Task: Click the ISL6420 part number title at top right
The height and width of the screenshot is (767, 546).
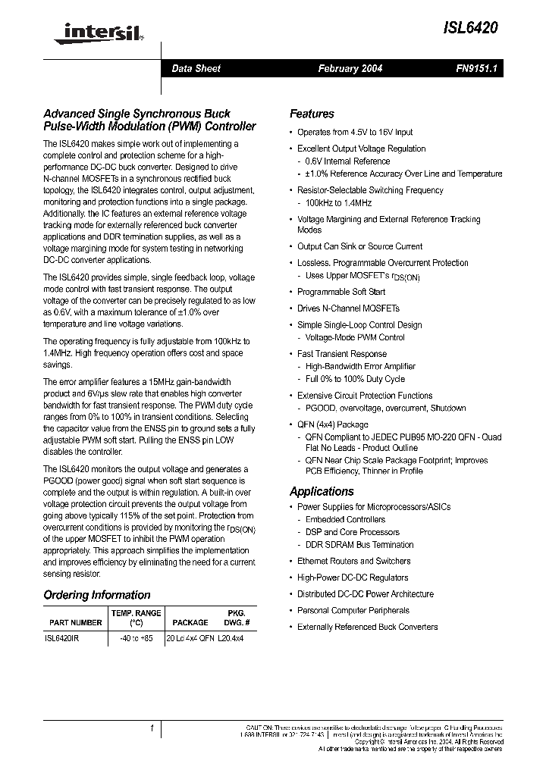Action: [x=470, y=29]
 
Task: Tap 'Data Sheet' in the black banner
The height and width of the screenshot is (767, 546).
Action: [x=196, y=68]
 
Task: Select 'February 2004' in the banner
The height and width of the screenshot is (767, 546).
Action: [x=350, y=68]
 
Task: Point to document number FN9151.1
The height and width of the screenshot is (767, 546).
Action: [x=475, y=68]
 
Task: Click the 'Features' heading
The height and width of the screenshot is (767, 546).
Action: [x=312, y=114]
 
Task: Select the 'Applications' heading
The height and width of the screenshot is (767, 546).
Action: [x=322, y=491]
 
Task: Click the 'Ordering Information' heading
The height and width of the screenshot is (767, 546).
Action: [x=97, y=595]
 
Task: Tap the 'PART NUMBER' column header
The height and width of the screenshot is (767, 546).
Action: [x=75, y=622]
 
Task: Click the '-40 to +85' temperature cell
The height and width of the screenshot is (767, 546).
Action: [x=136, y=639]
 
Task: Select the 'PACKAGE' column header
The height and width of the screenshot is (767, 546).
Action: [x=190, y=622]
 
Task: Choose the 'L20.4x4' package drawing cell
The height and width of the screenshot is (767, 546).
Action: [x=231, y=639]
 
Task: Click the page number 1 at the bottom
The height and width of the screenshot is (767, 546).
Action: [x=152, y=729]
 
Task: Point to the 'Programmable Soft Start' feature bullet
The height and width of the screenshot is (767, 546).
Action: [x=341, y=292]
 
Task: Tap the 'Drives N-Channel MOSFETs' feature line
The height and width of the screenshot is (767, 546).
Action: [x=348, y=308]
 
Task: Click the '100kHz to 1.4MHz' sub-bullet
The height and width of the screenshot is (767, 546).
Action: [x=338, y=203]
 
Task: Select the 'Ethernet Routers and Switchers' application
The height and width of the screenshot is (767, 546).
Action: [x=353, y=561]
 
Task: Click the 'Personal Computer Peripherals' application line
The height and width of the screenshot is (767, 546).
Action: [x=353, y=610]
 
